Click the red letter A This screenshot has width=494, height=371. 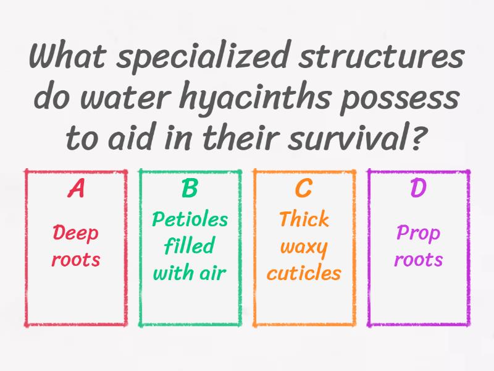(76, 189)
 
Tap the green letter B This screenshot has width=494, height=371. (190, 189)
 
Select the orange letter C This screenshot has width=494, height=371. (304, 189)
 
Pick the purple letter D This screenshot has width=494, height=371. (419, 189)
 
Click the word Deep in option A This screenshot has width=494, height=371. (75, 234)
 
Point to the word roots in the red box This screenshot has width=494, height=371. (75, 259)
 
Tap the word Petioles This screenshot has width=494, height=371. (190, 220)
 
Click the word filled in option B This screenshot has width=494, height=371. (190, 246)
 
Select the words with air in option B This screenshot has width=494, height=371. (190, 273)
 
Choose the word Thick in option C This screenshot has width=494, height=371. (304, 220)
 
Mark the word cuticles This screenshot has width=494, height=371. (304, 273)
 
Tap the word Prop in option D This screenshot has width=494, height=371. (419, 234)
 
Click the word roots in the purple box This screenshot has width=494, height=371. (419, 259)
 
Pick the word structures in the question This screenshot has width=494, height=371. (379, 58)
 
